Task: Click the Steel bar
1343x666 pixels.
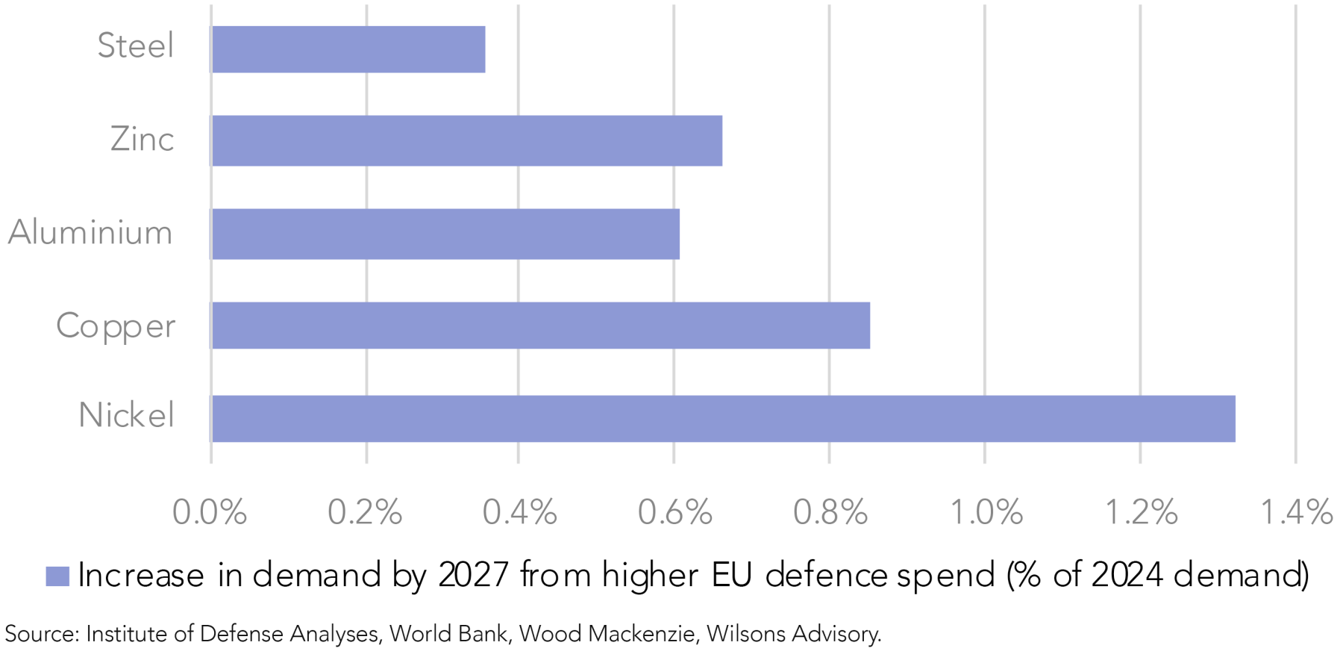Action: coord(348,49)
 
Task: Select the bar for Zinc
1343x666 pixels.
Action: coord(467,140)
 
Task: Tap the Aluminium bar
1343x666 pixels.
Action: coord(445,234)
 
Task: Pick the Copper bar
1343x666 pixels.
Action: coord(541,326)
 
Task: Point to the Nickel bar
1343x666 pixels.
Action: coord(724,419)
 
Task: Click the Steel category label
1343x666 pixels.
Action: coord(136,46)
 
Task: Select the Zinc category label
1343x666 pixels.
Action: coord(142,140)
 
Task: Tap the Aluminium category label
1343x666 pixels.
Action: coord(90,232)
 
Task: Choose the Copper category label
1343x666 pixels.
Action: coord(116,326)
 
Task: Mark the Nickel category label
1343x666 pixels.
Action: coord(126,415)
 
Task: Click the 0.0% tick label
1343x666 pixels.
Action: coord(210,513)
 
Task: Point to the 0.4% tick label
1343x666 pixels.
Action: coord(519,513)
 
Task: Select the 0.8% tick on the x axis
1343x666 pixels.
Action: coord(830,513)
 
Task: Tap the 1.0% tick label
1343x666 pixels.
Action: coord(986,513)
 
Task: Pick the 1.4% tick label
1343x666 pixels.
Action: coord(1296,513)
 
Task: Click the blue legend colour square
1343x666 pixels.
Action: coord(57,576)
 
